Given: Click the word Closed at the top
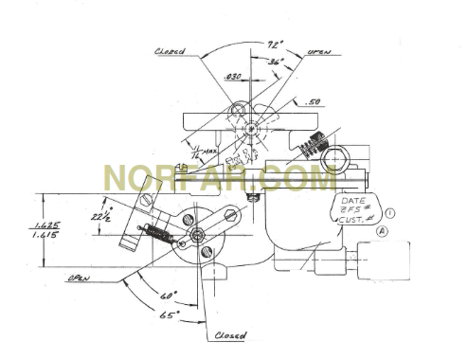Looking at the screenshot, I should pos(170,52).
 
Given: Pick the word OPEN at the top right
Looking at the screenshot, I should pos(319,54).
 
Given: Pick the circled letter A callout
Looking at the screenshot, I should pos(383,229).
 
